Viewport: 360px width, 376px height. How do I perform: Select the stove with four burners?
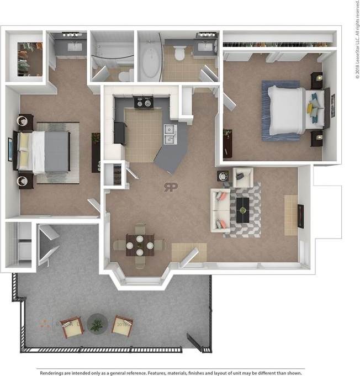[144, 102]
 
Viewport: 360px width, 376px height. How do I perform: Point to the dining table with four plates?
[140, 245]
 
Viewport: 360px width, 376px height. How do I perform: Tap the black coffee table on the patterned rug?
[242, 209]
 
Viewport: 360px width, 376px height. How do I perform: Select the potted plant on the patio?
[97, 324]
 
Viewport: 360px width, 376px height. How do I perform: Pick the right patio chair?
[122, 325]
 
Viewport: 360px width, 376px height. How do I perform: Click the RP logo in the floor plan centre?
[171, 187]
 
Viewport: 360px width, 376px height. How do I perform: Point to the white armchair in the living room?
[242, 177]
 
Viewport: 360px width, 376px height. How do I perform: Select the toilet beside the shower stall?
[125, 74]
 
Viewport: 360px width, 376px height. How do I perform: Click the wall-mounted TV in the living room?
[300, 216]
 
